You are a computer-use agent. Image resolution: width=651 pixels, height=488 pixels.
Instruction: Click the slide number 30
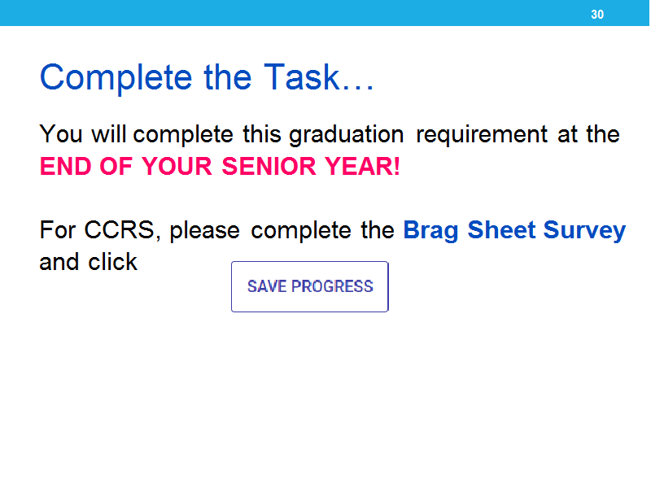[x=597, y=15]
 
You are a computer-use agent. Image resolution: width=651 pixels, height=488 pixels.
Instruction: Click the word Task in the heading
[x=302, y=76]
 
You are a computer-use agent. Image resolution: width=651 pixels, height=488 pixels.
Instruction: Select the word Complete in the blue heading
[x=116, y=78]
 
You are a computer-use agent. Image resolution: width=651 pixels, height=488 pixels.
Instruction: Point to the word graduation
[x=347, y=135]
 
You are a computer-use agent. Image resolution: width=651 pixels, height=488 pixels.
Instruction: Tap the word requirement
[x=482, y=135]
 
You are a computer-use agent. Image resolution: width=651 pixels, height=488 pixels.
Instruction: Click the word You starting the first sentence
[x=61, y=133]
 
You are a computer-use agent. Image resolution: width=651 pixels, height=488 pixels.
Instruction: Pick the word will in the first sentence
[x=109, y=133]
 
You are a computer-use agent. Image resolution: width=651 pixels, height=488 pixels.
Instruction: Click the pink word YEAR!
[x=362, y=166]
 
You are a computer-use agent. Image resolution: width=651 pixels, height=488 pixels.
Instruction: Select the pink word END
[x=65, y=166]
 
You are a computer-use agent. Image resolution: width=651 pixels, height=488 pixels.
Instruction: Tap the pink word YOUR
[x=177, y=166]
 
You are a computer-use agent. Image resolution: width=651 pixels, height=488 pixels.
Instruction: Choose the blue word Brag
[x=430, y=231]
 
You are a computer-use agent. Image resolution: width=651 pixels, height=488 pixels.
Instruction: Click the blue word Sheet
[x=501, y=229]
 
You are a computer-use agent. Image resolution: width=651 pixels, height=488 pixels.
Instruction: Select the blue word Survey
[x=584, y=231]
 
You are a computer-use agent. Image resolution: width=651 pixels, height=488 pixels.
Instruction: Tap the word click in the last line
[x=112, y=262]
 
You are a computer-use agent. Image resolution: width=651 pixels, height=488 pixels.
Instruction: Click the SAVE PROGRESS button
[x=310, y=286]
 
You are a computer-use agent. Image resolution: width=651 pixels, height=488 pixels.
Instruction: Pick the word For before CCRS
[x=57, y=229]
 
